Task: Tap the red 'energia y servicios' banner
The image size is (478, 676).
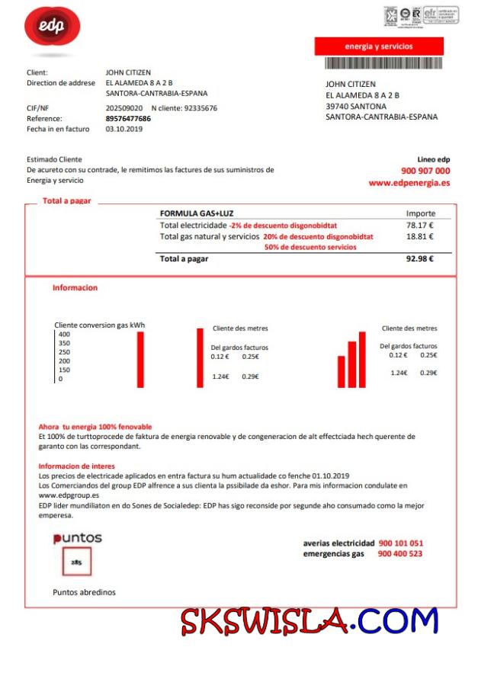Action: click(x=379, y=46)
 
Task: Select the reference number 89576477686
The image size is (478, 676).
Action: click(x=128, y=119)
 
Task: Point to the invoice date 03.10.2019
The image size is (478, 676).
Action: click(x=120, y=129)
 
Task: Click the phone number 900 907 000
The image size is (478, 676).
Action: click(x=425, y=171)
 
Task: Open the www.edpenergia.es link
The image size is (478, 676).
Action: click(x=409, y=183)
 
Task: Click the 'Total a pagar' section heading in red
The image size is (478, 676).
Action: click(x=67, y=200)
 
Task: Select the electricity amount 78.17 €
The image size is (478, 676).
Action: click(x=420, y=226)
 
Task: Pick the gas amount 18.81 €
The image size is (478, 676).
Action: click(x=420, y=237)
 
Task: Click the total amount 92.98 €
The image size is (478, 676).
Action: click(x=420, y=258)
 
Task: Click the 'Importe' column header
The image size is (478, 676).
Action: click(x=421, y=213)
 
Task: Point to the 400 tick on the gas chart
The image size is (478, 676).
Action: click(x=64, y=335)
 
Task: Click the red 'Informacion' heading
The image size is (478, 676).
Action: click(x=75, y=288)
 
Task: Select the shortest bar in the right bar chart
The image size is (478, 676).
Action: click(x=342, y=372)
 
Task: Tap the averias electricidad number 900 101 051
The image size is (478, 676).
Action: click(x=400, y=543)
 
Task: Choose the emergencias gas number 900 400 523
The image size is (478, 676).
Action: click(x=400, y=553)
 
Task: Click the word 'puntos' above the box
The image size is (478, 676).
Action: click(x=78, y=538)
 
